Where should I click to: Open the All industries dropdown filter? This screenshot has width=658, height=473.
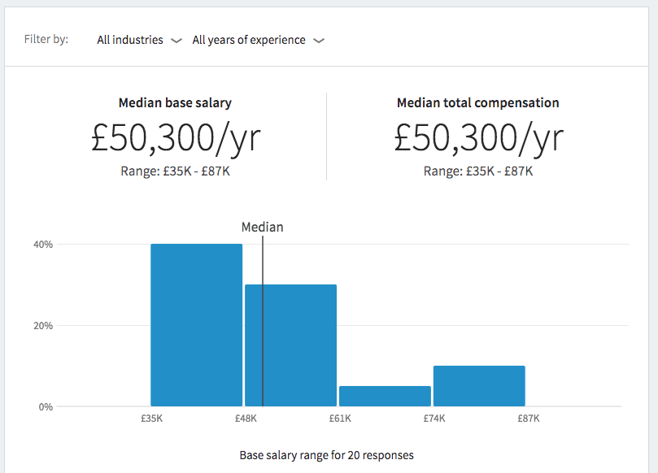(138, 40)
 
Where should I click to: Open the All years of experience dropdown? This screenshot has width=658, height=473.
(257, 40)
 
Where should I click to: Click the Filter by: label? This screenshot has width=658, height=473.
(46, 39)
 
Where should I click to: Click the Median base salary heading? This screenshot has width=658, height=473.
(175, 103)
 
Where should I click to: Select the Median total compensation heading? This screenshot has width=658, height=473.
(477, 103)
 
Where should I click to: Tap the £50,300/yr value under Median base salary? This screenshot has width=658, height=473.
(176, 138)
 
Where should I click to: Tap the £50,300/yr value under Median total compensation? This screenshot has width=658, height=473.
(478, 138)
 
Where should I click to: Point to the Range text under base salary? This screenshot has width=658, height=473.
(175, 171)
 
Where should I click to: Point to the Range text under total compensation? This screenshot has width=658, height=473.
(478, 171)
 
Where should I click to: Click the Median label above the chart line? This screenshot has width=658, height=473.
(262, 228)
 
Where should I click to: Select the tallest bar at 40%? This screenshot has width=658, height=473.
(196, 325)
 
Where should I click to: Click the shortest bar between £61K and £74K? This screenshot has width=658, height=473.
(385, 396)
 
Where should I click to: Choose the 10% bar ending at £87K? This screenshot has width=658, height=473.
(479, 386)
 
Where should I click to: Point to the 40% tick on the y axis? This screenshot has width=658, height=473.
(42, 245)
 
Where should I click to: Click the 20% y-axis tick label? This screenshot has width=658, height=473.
(42, 326)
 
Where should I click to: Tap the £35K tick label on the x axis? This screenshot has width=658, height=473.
(151, 419)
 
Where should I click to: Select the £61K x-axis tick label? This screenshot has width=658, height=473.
(340, 419)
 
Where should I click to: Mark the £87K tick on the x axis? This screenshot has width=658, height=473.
(529, 419)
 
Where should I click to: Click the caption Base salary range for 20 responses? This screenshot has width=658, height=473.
(326, 455)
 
